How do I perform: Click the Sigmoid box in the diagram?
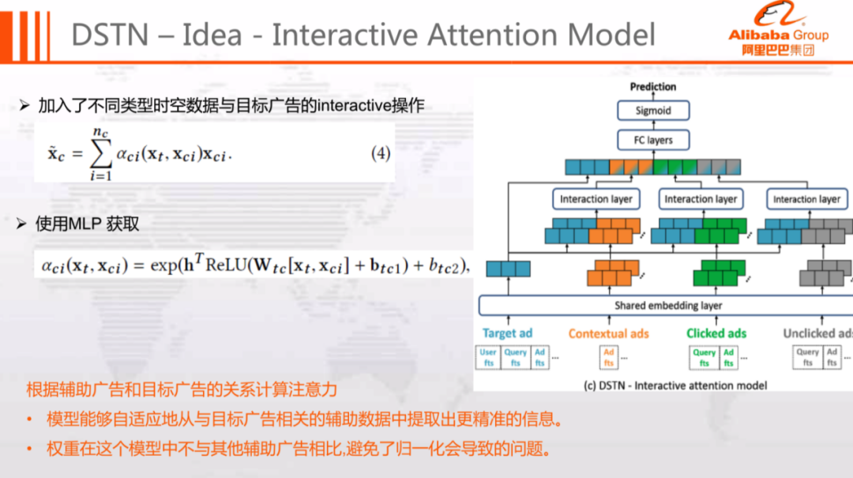click(653, 111)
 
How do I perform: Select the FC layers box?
click(653, 140)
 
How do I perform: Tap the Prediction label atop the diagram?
click(653, 87)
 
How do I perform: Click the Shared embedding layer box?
click(668, 305)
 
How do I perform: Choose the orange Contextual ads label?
click(608, 333)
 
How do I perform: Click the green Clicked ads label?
click(716, 333)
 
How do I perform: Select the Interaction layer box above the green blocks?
click(701, 199)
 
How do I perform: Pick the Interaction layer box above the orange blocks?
click(596, 199)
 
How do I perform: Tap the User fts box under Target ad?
click(489, 357)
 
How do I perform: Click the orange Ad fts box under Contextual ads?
click(608, 357)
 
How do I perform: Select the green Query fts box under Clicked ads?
click(704, 357)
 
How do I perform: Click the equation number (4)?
click(381, 153)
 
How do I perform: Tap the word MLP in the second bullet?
click(85, 224)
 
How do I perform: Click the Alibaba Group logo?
click(778, 32)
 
